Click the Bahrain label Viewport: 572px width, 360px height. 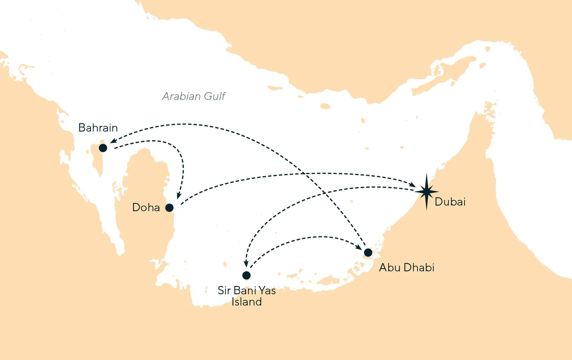pos(98,128)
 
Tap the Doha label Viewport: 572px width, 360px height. pos(146,207)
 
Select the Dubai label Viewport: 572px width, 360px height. pos(450,202)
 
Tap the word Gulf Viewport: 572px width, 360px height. pos(214,97)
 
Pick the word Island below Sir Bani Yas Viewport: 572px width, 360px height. pos(246,302)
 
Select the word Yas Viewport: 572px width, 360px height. pos(266,290)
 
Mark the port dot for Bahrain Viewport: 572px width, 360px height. pos(103,148)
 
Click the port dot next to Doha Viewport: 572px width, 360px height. pos(169,207)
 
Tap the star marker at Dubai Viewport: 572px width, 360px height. pos(427,192)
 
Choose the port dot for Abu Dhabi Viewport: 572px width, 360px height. pos(368,252)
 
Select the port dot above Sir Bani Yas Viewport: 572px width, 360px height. pos(247,275)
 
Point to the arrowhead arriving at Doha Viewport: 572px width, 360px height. pos(179,196)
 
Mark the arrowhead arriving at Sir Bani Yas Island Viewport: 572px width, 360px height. pos(246,264)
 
